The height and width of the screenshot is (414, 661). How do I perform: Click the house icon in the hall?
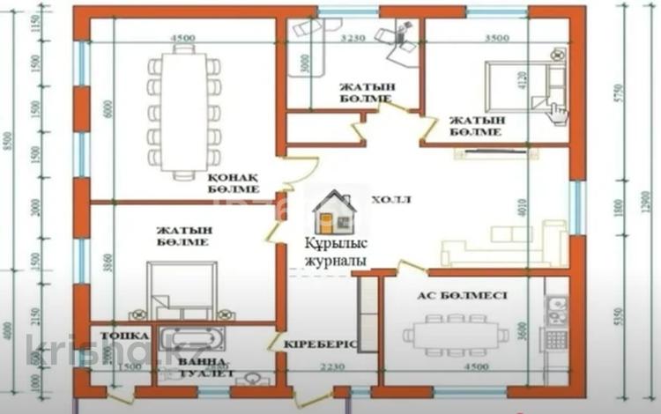tap(335, 211)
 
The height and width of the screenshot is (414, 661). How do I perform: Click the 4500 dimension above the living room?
tap(182, 38)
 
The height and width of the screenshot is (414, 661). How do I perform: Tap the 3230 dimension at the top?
tap(353, 39)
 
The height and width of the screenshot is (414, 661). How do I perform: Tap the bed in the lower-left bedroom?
tap(182, 286)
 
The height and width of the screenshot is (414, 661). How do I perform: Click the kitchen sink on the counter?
tap(556, 308)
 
